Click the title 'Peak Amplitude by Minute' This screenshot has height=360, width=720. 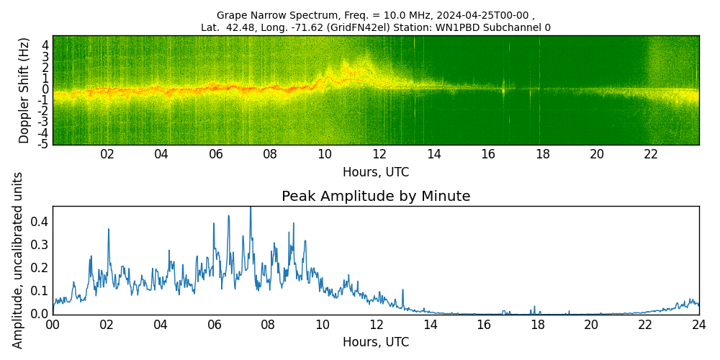coord(376,197)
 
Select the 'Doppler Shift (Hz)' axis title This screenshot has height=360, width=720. coord(24,90)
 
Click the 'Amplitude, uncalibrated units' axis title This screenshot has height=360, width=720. coord(18,260)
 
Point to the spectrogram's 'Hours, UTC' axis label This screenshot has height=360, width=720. coord(376,172)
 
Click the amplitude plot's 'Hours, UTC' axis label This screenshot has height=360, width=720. coord(376,342)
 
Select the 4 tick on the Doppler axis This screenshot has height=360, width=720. coord(45,45)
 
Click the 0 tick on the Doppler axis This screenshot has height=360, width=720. coord(45,89)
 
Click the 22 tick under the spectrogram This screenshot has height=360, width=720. coord(651,154)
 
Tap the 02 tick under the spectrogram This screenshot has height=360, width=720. coord(107,154)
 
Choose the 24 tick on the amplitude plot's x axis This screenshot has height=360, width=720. coord(698,325)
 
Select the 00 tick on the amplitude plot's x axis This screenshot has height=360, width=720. coord(53,325)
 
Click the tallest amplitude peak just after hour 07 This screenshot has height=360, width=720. coord(251,208)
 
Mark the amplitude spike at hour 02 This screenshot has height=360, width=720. coord(109,230)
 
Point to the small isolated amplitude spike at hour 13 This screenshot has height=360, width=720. coord(402,290)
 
